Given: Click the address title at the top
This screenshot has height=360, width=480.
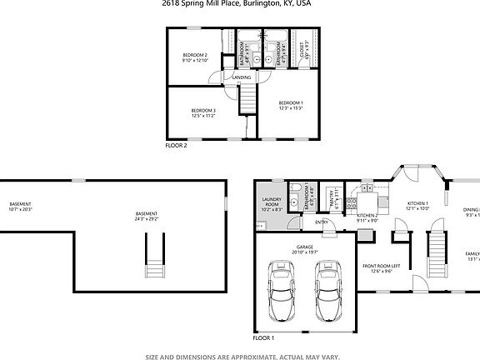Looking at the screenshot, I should pos(240,3).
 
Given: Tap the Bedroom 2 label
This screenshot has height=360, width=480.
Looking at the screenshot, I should pos(194,57).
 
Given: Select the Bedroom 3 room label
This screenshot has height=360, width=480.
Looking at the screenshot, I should pos(203,112).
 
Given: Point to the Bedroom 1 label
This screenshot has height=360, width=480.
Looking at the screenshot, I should pos(291,103).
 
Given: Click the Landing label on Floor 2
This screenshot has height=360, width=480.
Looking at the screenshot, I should pos(242,77).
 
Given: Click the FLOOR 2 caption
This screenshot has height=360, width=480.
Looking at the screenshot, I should pos(176,145).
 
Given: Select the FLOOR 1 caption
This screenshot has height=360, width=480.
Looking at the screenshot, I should pos(263,339).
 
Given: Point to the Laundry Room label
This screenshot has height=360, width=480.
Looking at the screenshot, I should pos(271,206).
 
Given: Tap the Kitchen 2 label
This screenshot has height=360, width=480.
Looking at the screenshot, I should pos(367,218).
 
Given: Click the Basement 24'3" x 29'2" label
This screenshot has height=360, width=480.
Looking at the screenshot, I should pos(147,216).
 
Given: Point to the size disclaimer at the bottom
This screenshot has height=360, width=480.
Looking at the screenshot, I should pos(240,356).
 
